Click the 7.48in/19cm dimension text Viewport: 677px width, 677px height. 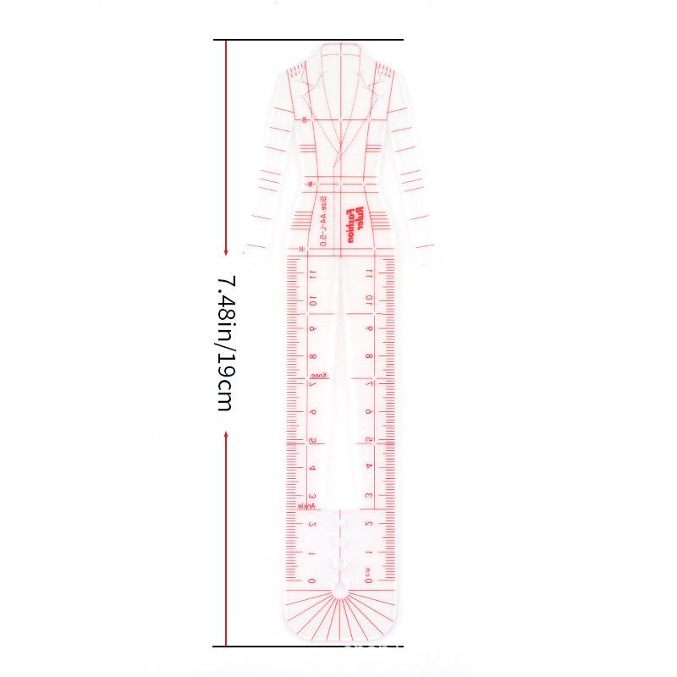coord(224,343)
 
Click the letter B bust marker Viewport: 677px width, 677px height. coord(304,119)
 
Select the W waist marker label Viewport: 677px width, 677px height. coord(311,184)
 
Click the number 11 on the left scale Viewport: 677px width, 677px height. coord(312,273)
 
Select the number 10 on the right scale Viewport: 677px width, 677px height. coord(368,300)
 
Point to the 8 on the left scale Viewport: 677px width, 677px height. coord(312,356)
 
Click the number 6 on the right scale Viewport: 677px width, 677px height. coord(368,412)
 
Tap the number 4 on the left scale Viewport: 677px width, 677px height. coord(312,468)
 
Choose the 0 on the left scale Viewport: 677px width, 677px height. coord(312,581)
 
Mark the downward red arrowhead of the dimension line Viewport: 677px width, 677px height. coord(226,251)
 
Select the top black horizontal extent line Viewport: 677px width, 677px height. coord(308,40)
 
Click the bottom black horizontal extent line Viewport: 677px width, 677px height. coord(308,646)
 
